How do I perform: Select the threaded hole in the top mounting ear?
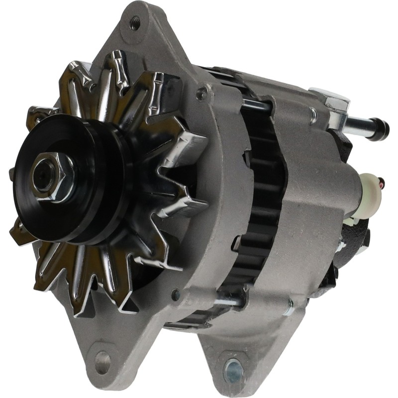(135, 22)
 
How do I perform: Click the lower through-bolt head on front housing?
(175, 295)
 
